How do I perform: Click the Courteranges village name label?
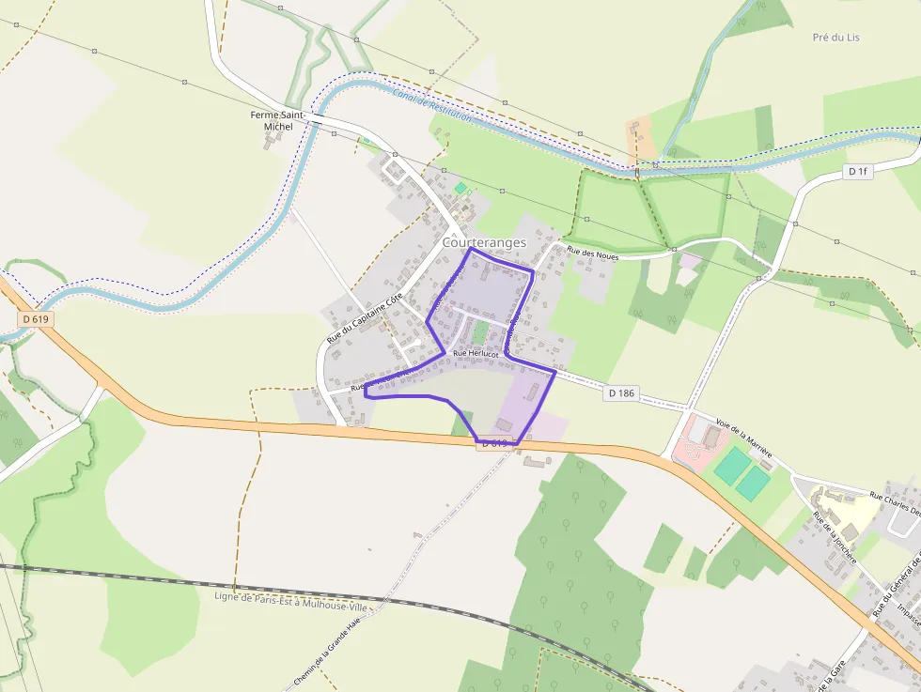[484, 242]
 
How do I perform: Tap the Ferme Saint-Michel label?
[272, 120]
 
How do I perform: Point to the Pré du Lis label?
[835, 38]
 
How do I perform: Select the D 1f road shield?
[856, 172]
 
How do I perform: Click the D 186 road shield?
[620, 392]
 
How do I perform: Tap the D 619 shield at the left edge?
[34, 319]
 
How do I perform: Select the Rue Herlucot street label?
[476, 353]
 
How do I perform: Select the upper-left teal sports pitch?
[730, 466]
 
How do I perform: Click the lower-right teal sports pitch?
[753, 483]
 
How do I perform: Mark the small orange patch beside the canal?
[642, 137]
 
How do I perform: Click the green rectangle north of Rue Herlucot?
[479, 332]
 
